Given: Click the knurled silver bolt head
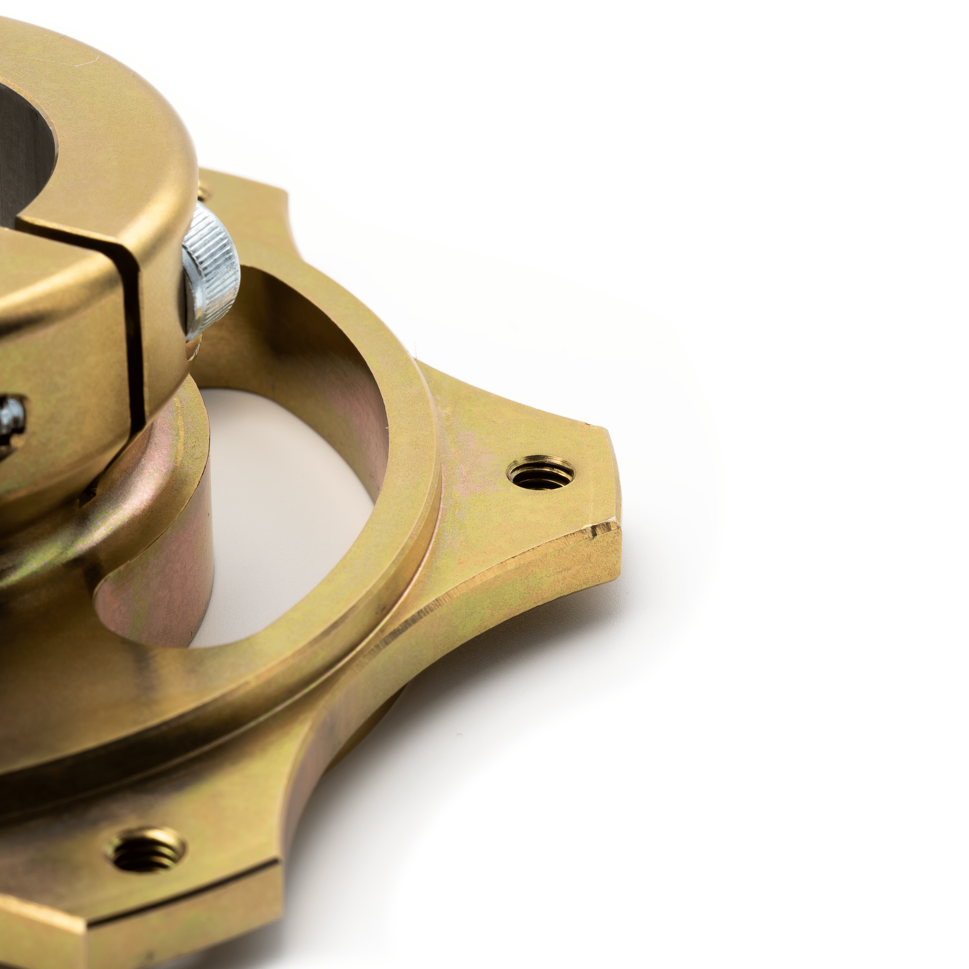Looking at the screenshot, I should click(x=211, y=271).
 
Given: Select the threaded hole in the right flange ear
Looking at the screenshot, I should click(x=541, y=473).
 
